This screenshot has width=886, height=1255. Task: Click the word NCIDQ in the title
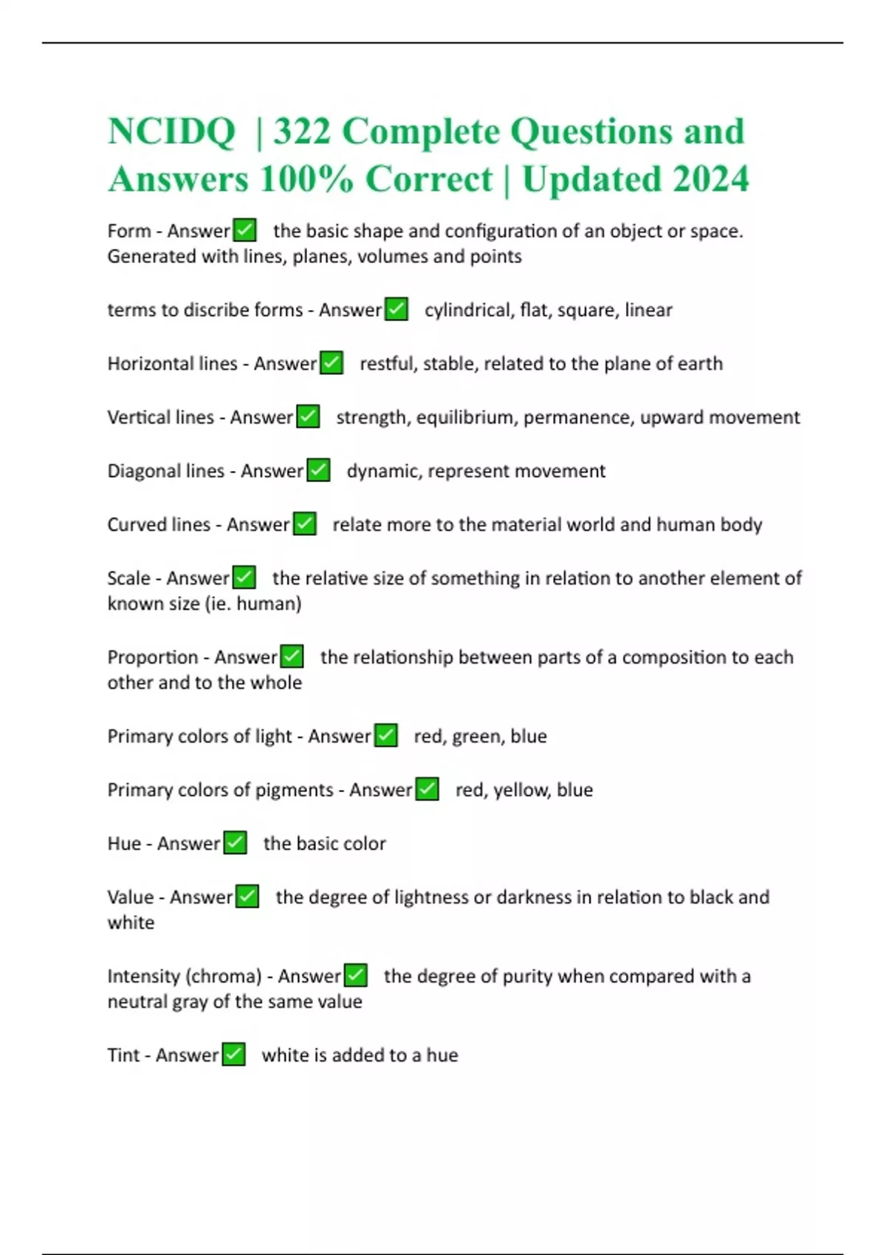[171, 131]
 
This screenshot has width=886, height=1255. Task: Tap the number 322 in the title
[301, 131]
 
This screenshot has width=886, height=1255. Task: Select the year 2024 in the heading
[710, 179]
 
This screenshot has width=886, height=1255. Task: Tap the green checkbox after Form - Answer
[244, 230]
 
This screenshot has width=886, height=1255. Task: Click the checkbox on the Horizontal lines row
[332, 363]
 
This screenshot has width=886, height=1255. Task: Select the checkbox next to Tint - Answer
[233, 1054]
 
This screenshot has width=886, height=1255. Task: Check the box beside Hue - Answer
[235, 842]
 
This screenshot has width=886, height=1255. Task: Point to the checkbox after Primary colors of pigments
[427, 789]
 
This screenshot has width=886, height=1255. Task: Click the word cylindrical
[467, 310]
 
